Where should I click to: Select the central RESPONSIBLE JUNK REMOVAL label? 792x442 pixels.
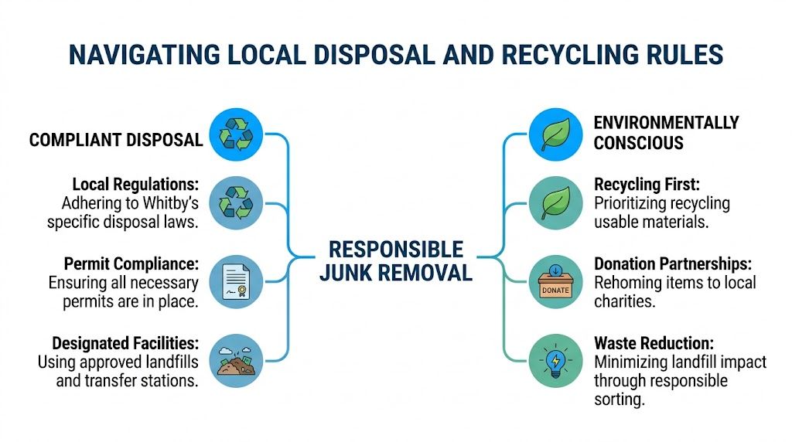395,260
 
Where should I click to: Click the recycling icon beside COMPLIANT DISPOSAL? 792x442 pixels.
236,134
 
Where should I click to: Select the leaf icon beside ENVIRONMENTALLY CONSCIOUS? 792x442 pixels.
555,134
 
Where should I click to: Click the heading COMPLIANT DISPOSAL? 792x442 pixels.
116,140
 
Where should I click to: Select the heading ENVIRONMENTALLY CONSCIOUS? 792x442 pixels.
665,133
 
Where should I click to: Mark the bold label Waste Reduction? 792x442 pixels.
653,342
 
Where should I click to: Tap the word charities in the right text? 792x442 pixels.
624,301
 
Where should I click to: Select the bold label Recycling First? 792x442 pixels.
647,185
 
